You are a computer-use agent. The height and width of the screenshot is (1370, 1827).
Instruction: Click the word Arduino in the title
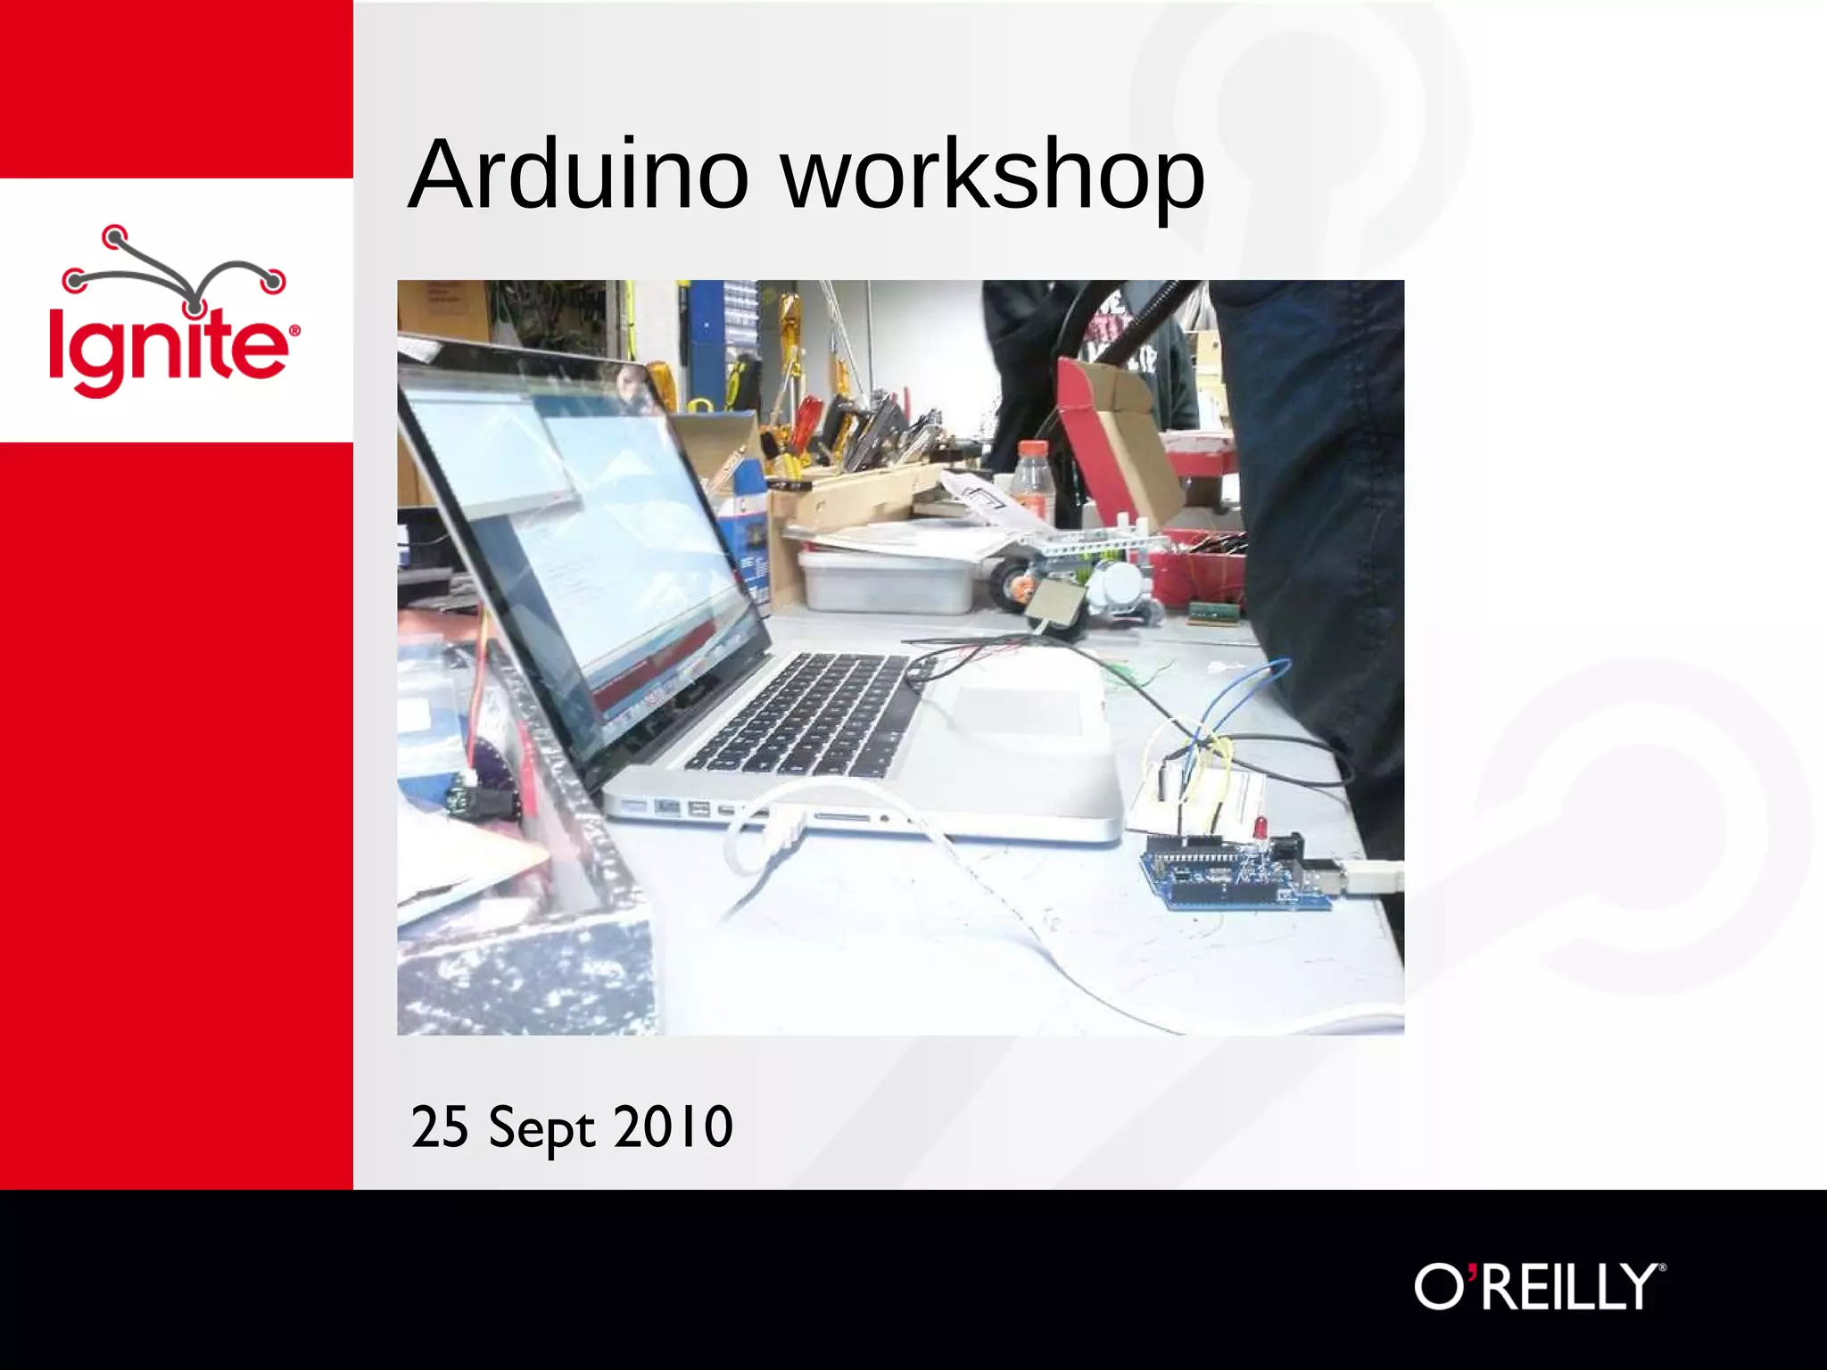tap(577, 175)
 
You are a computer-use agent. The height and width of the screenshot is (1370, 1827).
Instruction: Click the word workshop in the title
tap(992, 175)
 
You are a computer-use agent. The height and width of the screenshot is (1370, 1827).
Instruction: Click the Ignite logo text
tap(169, 348)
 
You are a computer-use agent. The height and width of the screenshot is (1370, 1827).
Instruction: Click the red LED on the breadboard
tap(1261, 828)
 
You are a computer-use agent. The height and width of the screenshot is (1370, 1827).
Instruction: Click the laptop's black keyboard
tap(803, 714)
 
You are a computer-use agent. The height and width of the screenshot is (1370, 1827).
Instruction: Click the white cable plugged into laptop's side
tap(785, 829)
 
